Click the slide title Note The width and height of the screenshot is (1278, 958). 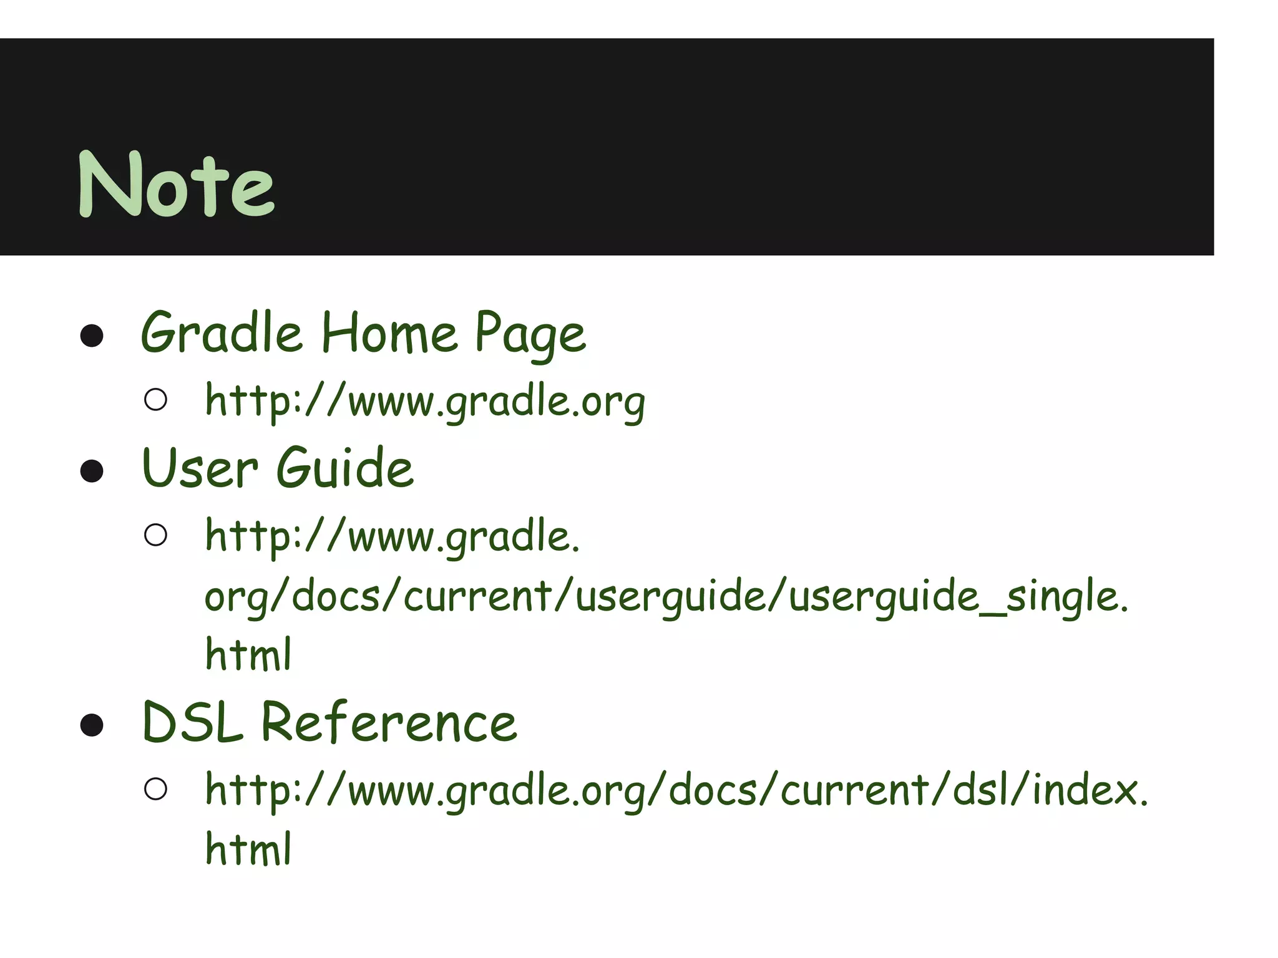pos(176,185)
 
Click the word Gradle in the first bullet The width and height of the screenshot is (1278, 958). pos(222,333)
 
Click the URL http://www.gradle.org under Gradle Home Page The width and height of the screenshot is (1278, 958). pos(425,401)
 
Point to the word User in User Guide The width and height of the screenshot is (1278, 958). pos(200,468)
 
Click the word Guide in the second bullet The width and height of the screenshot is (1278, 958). pos(345,468)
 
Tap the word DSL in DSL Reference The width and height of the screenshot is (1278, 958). pos(192,722)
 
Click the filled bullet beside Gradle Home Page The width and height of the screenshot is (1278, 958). pos(92,336)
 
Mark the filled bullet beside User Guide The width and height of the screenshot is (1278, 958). pos(92,471)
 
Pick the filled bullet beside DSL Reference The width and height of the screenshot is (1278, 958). pos(92,725)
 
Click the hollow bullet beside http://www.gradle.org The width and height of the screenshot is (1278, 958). pos(155,400)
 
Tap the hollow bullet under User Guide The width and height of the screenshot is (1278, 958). pos(155,535)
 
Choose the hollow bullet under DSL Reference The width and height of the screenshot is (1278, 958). pos(155,789)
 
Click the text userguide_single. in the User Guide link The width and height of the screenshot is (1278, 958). pos(958,596)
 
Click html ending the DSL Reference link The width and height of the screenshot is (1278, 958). pos(248,848)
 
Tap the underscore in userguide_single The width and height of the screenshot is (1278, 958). pos(993,614)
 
